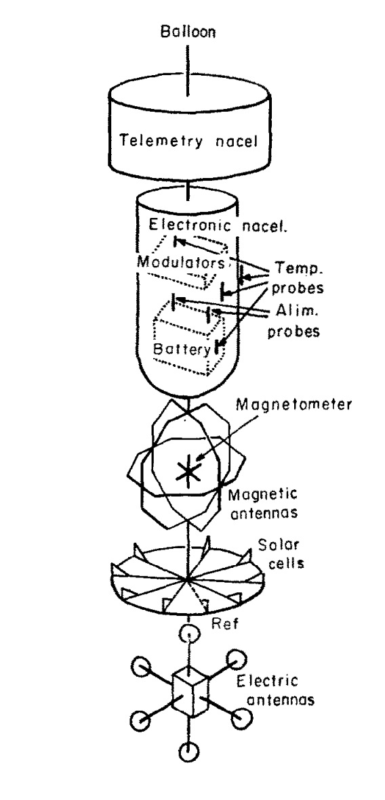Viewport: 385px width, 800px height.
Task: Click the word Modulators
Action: click(181, 263)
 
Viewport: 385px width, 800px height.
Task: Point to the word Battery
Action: click(182, 349)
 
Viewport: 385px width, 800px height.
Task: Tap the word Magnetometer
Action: click(293, 405)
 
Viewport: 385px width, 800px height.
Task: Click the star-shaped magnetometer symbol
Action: click(188, 472)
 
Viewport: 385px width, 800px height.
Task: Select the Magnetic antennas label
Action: click(263, 503)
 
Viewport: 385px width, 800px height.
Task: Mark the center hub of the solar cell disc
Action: click(188, 579)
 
